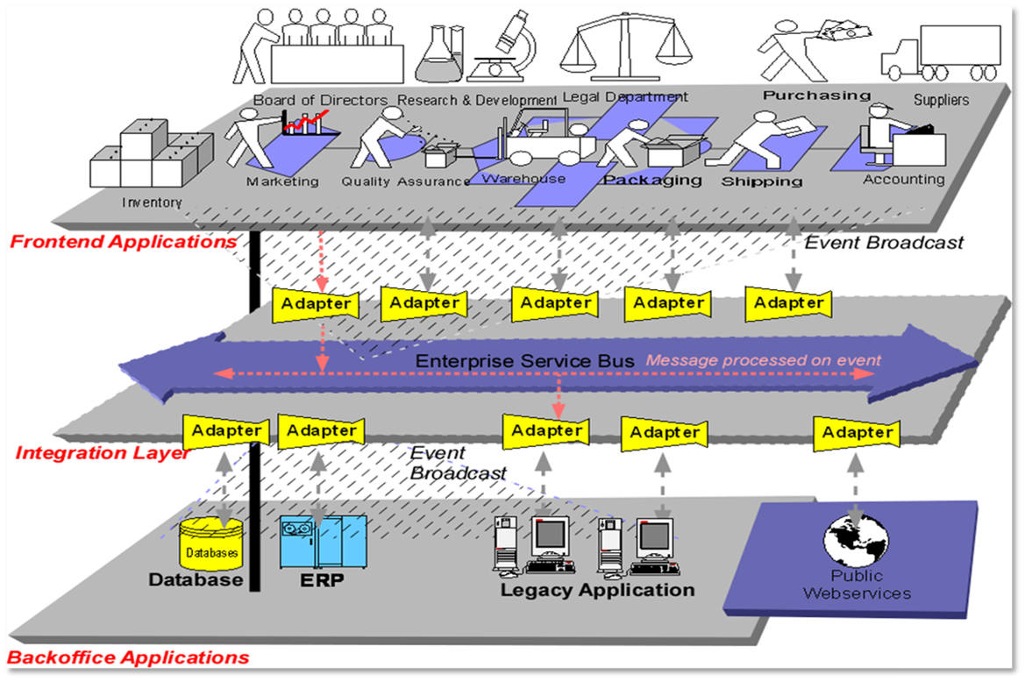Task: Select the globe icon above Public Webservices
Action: (856, 538)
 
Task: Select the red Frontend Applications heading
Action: (123, 241)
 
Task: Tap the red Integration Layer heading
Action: (102, 453)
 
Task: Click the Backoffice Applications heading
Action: (128, 657)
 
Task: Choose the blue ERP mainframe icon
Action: (322, 542)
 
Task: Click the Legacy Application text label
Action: (597, 590)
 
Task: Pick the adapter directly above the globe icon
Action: (857, 433)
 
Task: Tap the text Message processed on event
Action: (764, 360)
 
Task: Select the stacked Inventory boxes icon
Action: (151, 157)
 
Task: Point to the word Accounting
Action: (904, 179)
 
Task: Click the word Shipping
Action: (761, 181)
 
